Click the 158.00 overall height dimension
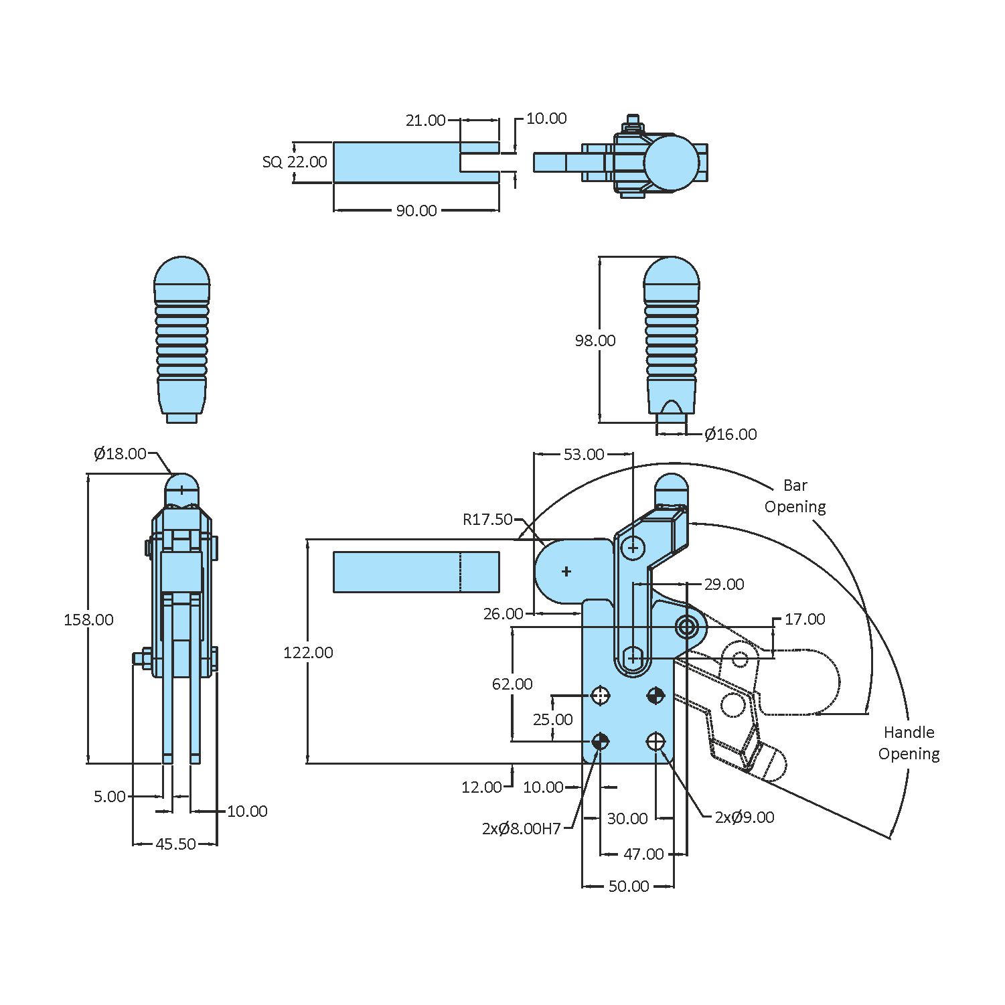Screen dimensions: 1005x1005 [x=88, y=620]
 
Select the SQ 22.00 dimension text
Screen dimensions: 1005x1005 [x=295, y=162]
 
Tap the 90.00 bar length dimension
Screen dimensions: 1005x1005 [x=416, y=211]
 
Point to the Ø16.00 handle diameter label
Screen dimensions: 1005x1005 [x=730, y=435]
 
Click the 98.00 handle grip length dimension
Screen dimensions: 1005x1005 [x=595, y=341]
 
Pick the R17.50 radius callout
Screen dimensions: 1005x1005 [x=487, y=520]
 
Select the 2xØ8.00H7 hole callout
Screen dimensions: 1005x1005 [x=521, y=829]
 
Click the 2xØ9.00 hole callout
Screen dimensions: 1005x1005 [x=744, y=818]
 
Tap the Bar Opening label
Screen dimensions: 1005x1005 [x=795, y=496]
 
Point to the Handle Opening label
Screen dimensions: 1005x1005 [x=909, y=743]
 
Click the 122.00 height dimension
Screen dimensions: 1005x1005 [x=308, y=653]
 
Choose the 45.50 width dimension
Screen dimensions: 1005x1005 [x=175, y=844]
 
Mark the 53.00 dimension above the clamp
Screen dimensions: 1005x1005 [x=583, y=455]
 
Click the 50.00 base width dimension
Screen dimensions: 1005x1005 [x=628, y=886]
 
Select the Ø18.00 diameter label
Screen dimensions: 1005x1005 [x=120, y=454]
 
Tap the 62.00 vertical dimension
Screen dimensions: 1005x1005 [x=512, y=684]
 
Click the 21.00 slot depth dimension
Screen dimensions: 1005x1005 [x=425, y=121]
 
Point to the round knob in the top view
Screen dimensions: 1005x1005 [x=672, y=163]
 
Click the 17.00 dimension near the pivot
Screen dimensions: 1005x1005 [x=804, y=619]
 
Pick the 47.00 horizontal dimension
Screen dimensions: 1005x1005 [x=643, y=854]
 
